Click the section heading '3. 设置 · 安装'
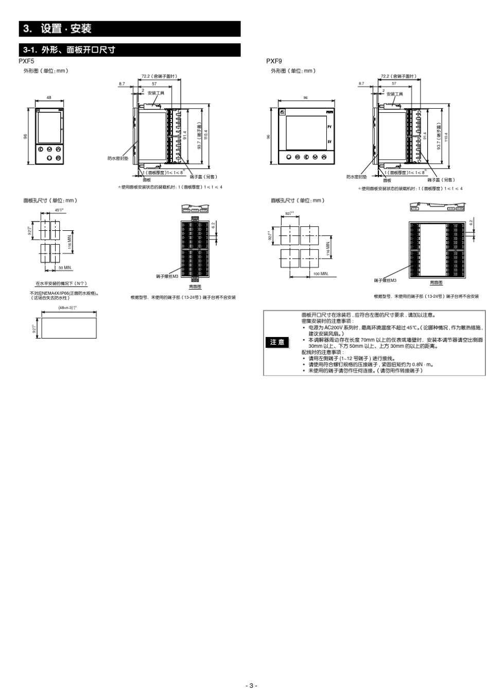coord(57,29)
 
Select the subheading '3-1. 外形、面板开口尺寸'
coord(69,50)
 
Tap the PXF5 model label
coord(26,61)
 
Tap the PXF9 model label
coord(274,61)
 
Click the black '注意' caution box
coord(277,343)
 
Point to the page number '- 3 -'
coord(251,685)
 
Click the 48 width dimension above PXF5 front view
coord(49,97)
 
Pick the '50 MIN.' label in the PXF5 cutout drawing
coord(65,268)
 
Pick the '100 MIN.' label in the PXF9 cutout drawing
coord(321,274)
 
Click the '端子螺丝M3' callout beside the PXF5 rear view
coord(167,276)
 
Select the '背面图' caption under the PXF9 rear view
coord(436,282)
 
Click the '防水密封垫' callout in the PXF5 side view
coord(118,158)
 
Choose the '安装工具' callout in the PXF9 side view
coord(395,94)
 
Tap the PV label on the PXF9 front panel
coord(329,126)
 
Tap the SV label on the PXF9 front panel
coord(329,141)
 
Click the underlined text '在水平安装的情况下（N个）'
coord(61,284)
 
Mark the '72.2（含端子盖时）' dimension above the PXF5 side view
coord(159,76)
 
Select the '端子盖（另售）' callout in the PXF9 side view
coord(441,180)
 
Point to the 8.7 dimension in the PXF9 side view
coord(361,83)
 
